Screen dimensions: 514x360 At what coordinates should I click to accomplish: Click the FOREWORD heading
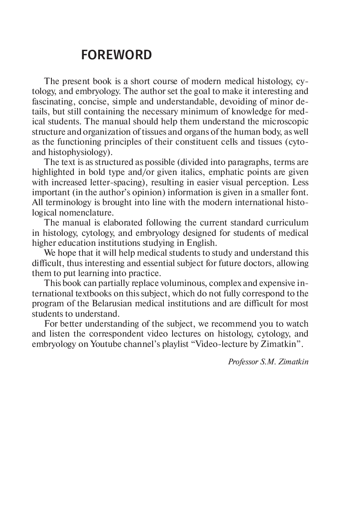pos(117,55)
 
